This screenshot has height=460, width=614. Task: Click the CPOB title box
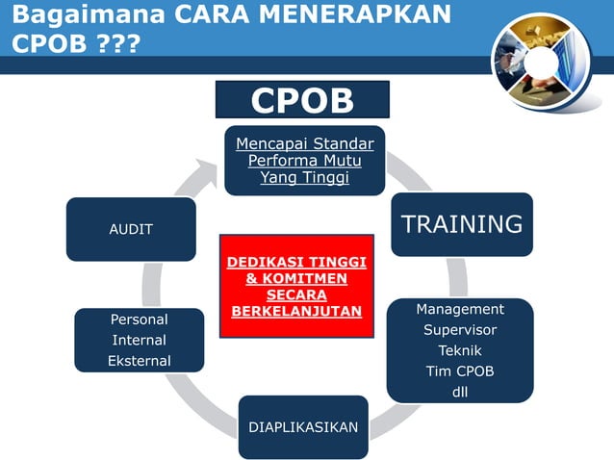302,100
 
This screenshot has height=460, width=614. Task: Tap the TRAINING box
461,224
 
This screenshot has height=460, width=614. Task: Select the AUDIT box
131,229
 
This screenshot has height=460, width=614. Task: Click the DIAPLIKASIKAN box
303,426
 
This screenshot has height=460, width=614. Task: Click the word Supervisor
460,330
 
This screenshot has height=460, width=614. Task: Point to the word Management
460,309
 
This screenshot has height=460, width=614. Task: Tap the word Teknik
460,350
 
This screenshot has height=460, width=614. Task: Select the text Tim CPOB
460,371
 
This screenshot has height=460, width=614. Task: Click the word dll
460,393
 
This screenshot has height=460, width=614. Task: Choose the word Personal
139,319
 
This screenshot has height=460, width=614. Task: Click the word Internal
139,340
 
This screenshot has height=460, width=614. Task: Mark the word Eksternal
139,361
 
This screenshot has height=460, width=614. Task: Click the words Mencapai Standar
305,144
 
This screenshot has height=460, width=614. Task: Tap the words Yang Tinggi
305,177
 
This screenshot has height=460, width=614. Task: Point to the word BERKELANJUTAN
296,311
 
